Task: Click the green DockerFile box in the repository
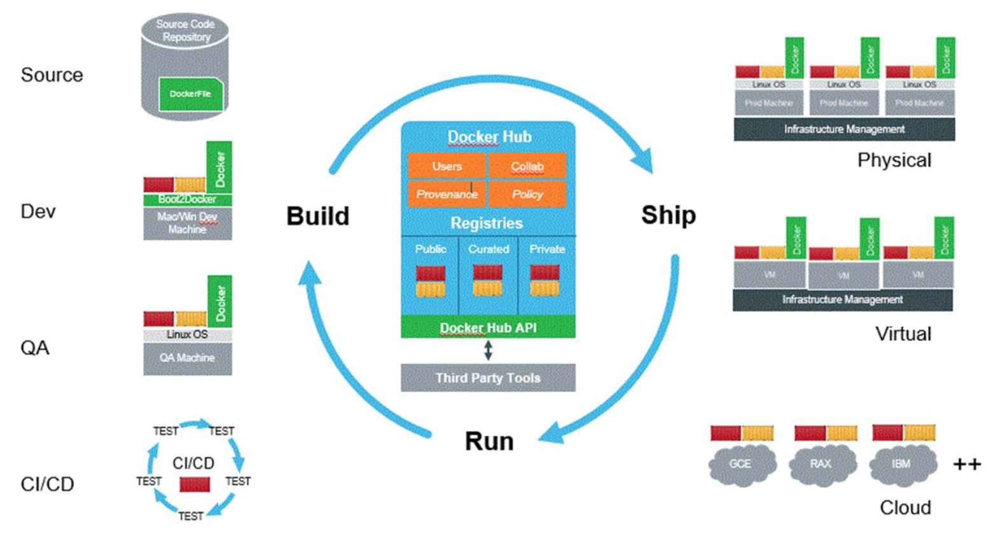point(190,94)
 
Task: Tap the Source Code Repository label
point(185,31)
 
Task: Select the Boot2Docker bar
point(187,199)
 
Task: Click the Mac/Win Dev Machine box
point(187,223)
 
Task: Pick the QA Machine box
point(187,358)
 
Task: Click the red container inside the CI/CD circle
point(195,484)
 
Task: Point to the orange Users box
point(447,166)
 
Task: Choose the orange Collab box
point(527,166)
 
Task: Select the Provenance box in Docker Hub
point(447,194)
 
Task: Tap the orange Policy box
point(527,194)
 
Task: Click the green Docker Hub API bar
point(488,327)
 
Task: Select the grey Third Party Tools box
point(488,377)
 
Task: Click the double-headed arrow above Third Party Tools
point(488,350)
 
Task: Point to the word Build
point(317,216)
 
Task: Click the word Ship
point(668,215)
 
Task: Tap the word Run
point(489,441)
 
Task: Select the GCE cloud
point(741,465)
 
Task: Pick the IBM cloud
point(902,465)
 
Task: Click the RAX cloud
point(821,465)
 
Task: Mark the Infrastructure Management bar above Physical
point(844,129)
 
